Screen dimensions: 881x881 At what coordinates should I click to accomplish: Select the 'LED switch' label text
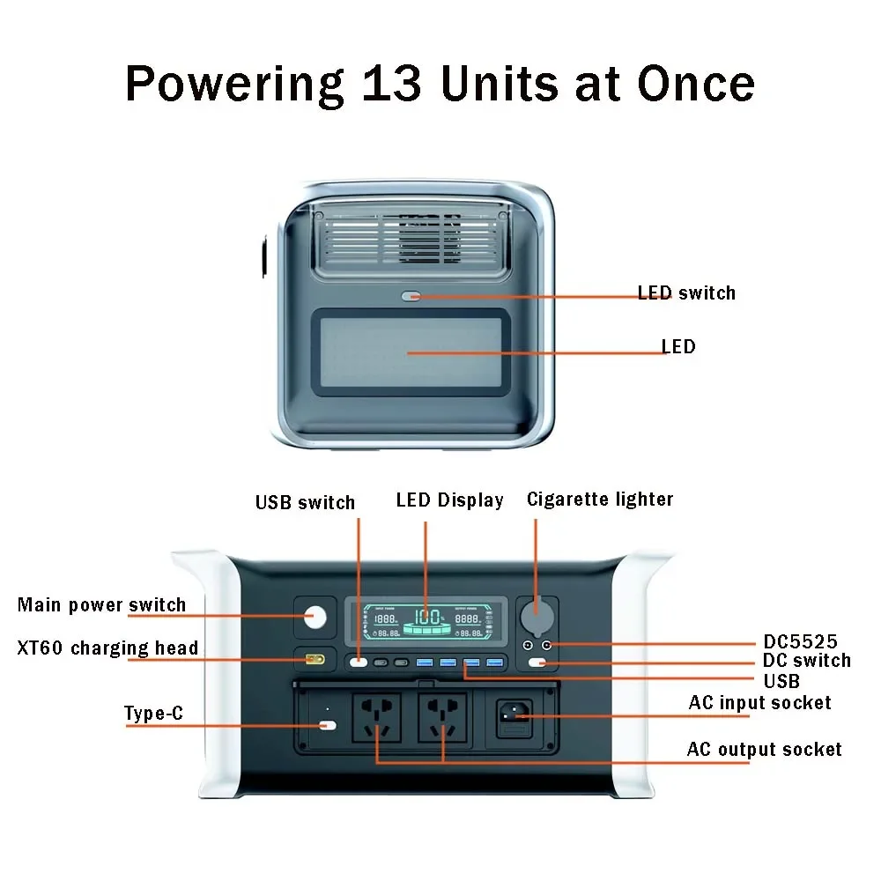click(686, 292)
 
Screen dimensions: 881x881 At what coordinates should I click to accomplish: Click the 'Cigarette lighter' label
click(600, 500)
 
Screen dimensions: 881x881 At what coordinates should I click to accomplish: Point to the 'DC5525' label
click(800, 641)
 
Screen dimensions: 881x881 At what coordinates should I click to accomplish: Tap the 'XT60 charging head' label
click(107, 648)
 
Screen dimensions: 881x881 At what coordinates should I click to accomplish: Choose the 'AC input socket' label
click(759, 702)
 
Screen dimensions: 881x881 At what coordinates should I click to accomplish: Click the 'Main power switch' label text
click(102, 605)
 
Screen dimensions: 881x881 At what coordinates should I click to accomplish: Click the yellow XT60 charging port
click(315, 660)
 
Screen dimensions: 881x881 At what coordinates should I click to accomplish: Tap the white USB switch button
click(358, 662)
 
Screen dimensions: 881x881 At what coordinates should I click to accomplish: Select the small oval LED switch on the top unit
click(411, 297)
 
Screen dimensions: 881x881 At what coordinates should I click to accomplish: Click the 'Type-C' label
click(154, 714)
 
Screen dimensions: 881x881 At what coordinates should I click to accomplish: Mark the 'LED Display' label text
click(449, 500)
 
